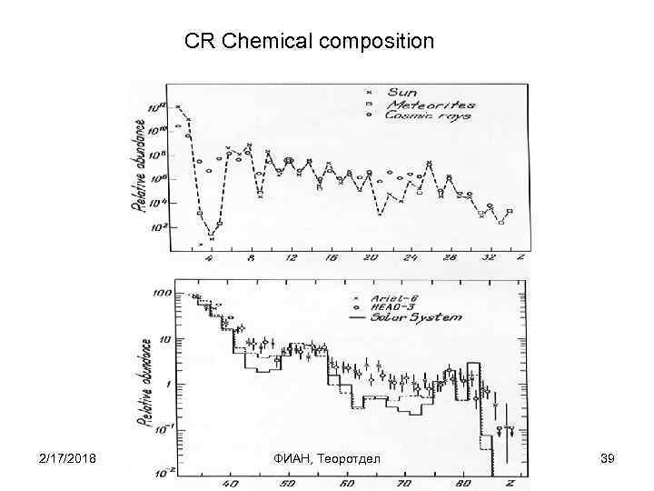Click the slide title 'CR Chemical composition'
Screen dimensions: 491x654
pyautogui.click(x=309, y=42)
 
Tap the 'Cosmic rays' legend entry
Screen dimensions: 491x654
pyautogui.click(x=428, y=116)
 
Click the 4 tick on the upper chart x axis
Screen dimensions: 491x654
pyautogui.click(x=211, y=258)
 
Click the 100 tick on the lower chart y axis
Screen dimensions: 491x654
pyautogui.click(x=163, y=295)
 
